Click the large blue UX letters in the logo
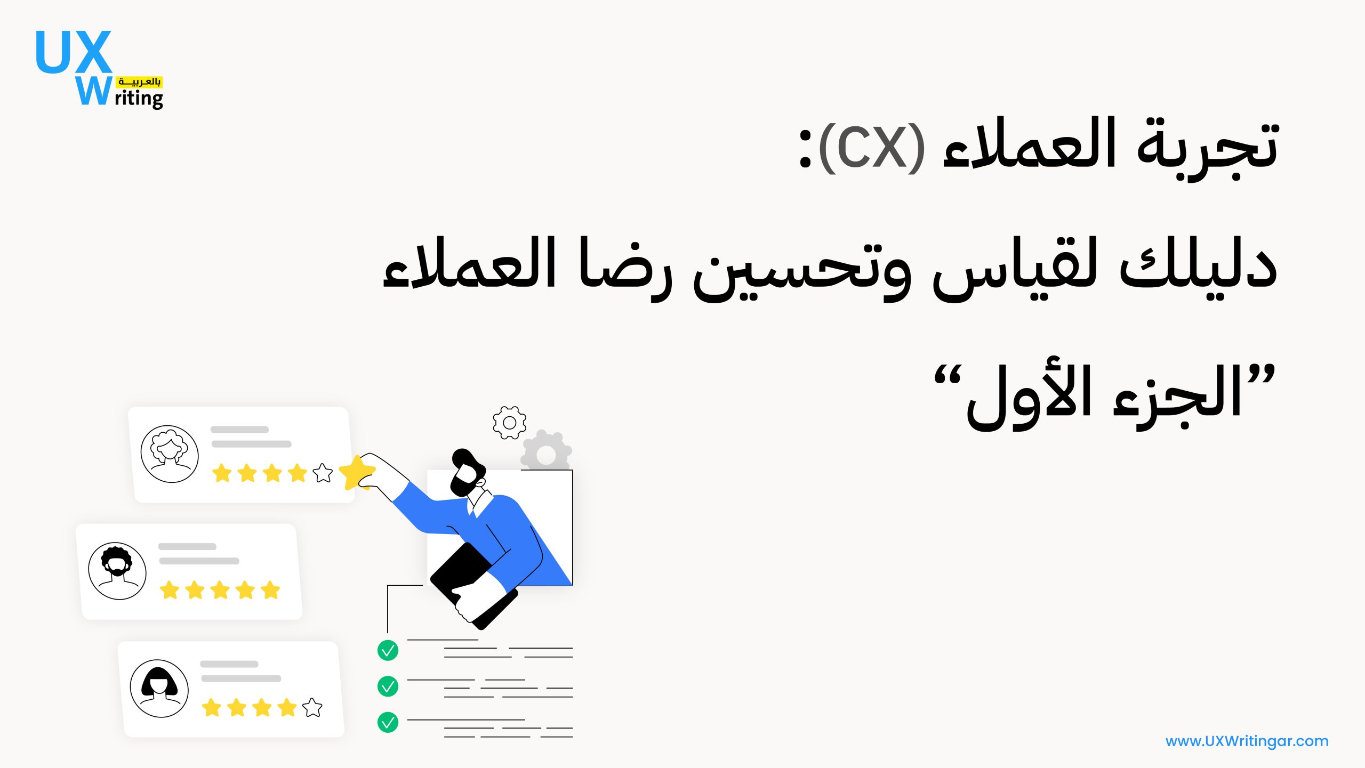(x=74, y=52)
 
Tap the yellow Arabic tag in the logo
(x=140, y=82)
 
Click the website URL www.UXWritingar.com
(x=1247, y=741)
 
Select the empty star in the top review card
(x=323, y=473)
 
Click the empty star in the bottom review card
(x=312, y=707)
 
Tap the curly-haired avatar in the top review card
(x=170, y=454)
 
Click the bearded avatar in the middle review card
(x=117, y=571)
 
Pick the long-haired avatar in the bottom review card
(x=159, y=689)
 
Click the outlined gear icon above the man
(x=510, y=423)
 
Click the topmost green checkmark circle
(x=388, y=651)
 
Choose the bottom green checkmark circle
(x=388, y=723)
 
